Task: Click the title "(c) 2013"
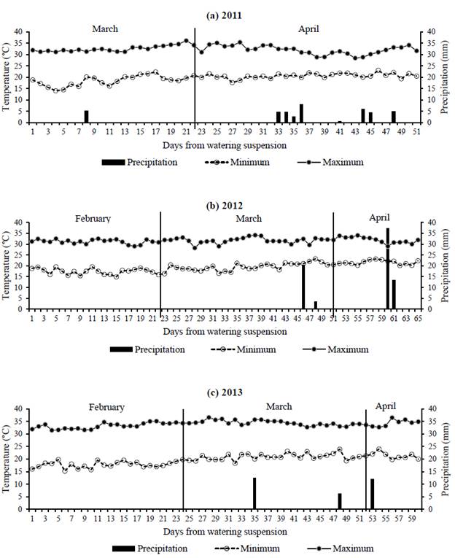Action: (x=227, y=392)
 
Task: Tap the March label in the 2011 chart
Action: (x=105, y=29)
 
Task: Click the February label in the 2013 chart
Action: (x=106, y=407)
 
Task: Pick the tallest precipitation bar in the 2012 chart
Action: (x=388, y=268)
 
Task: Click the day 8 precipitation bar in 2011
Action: (x=86, y=116)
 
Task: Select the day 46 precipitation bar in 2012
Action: (x=303, y=286)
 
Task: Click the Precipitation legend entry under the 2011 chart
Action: (x=152, y=162)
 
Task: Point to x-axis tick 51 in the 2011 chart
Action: (x=416, y=130)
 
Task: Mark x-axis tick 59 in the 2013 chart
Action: (x=416, y=517)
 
